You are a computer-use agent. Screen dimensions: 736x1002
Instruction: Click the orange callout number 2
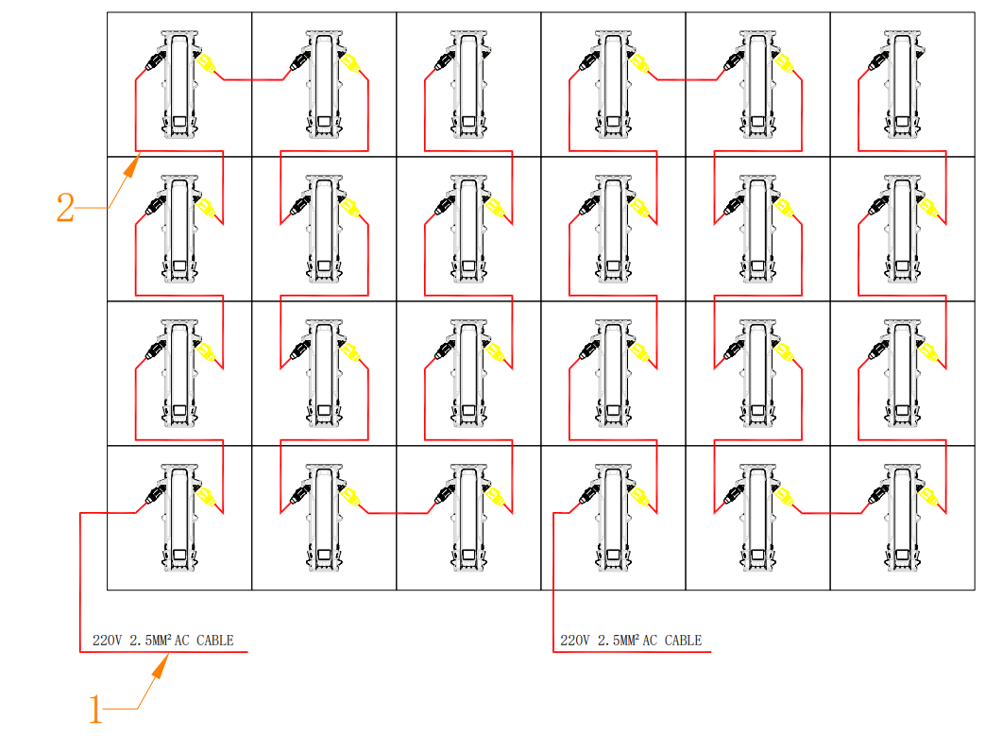point(65,208)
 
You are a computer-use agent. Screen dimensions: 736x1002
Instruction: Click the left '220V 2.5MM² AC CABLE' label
point(162,640)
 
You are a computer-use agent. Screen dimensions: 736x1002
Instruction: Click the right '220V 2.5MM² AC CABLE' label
point(631,640)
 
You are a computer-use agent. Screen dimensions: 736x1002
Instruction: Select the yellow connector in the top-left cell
point(205,64)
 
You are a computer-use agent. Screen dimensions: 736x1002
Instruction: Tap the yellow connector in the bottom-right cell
point(928,497)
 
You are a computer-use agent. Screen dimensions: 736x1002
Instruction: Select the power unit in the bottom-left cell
point(179,518)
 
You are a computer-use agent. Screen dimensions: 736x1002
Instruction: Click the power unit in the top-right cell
point(902,85)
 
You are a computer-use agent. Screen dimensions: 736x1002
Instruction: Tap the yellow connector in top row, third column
point(494,64)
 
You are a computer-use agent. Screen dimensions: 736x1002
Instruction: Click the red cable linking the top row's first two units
point(253,80)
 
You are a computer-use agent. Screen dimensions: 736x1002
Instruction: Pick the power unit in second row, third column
point(468,230)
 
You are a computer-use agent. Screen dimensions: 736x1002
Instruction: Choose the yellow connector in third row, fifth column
point(784,353)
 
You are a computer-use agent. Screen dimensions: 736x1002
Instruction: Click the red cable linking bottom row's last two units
point(831,513)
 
